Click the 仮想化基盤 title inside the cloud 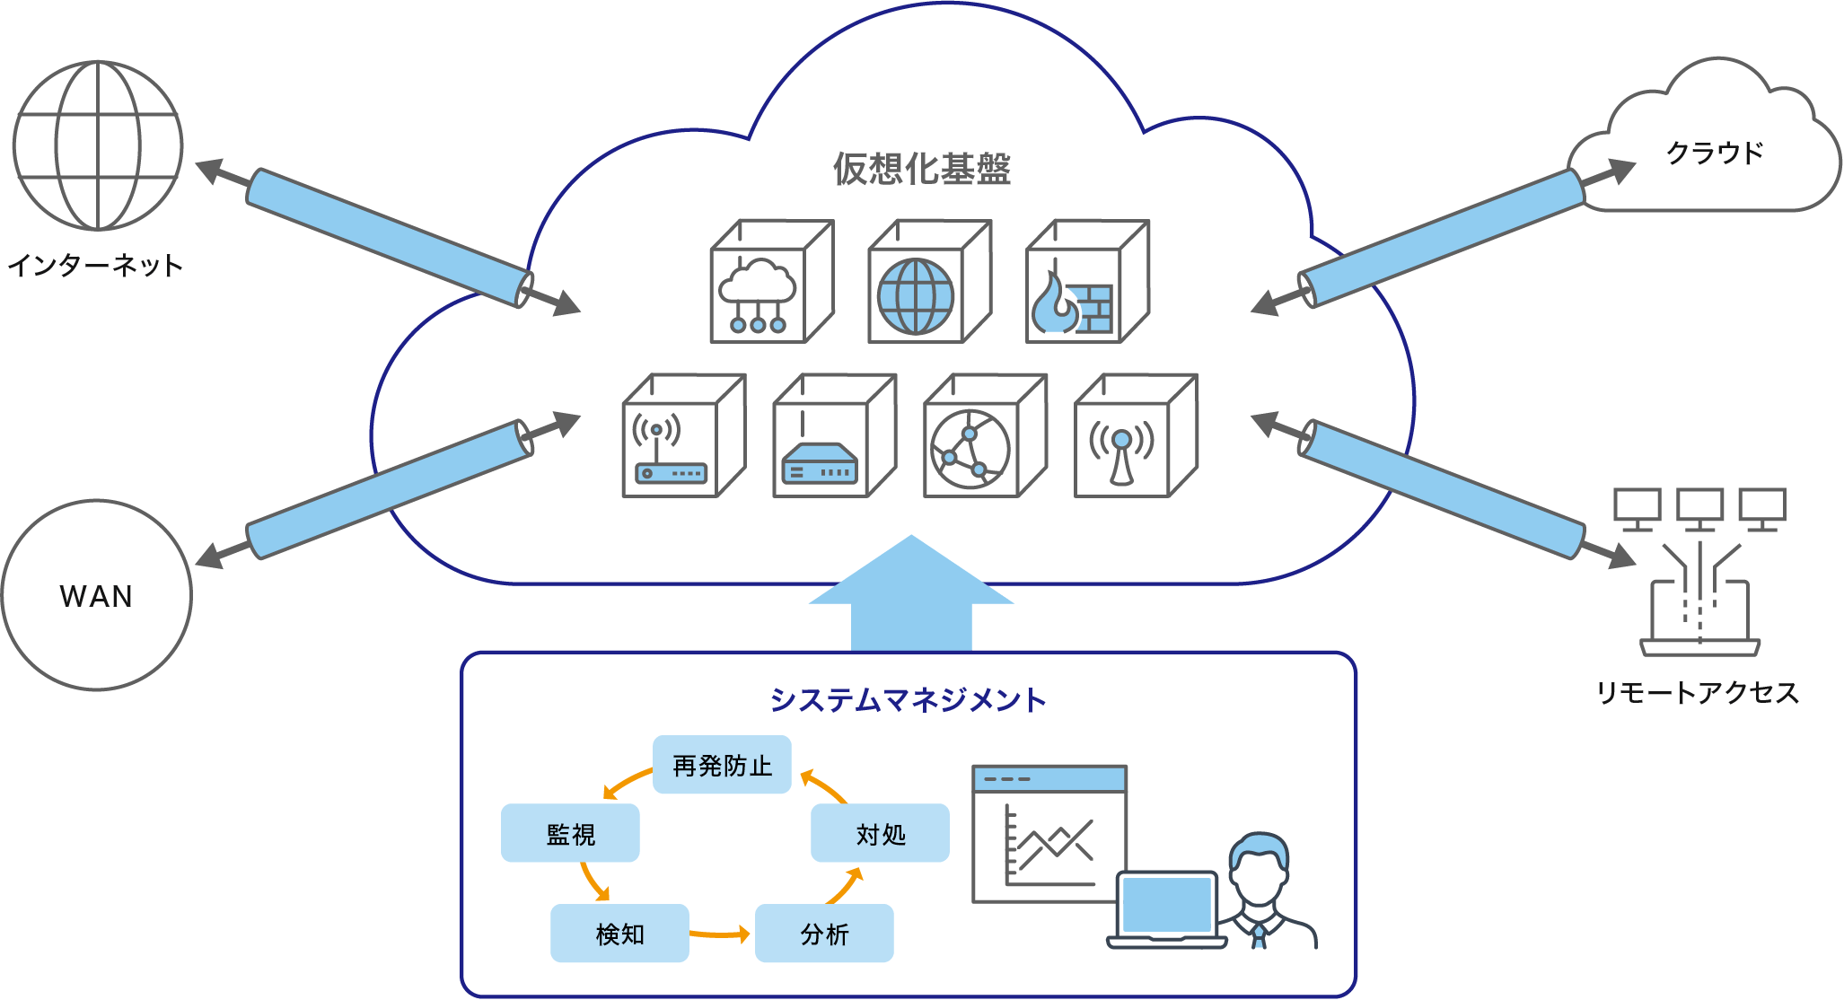click(921, 169)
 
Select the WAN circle click(97, 595)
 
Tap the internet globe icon click(98, 145)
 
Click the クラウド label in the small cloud click(1715, 153)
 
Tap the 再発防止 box click(722, 765)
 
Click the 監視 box click(570, 833)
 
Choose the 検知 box click(619, 934)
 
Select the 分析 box click(824, 934)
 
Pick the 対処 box click(880, 833)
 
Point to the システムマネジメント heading click(908, 700)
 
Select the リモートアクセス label click(1697, 692)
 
